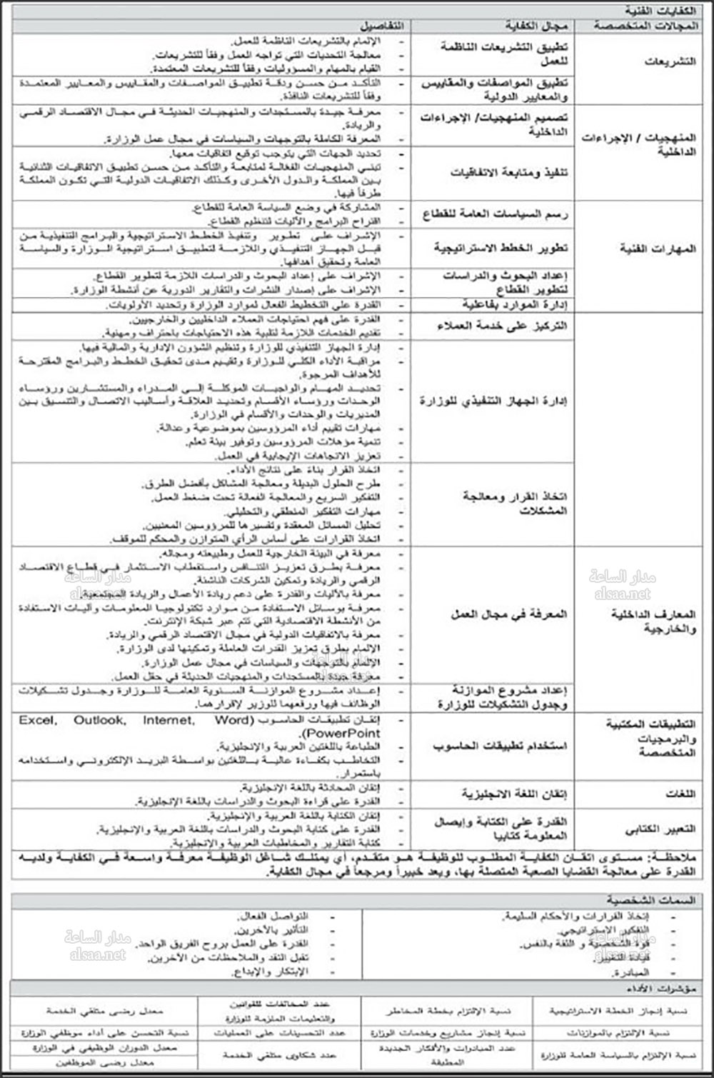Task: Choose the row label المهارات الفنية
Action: [658, 249]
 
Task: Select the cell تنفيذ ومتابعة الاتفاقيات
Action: [509, 172]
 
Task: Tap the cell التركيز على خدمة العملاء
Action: [502, 326]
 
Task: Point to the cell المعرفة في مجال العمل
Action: [508, 614]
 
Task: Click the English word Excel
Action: [37, 720]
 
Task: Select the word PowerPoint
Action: [343, 733]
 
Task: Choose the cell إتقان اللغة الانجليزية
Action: [514, 794]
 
